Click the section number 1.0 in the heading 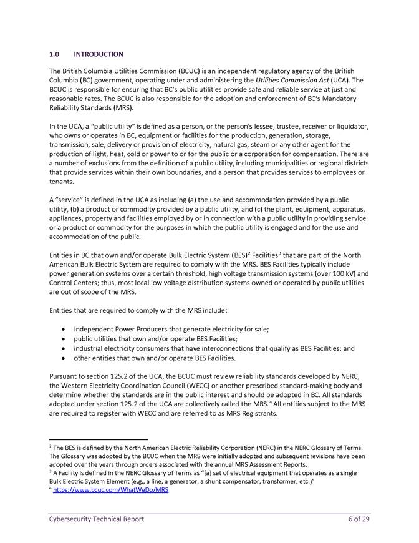(x=54, y=54)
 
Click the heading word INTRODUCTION (x=99, y=54)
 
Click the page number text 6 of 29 (x=359, y=519)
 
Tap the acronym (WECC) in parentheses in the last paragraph (x=202, y=386)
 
